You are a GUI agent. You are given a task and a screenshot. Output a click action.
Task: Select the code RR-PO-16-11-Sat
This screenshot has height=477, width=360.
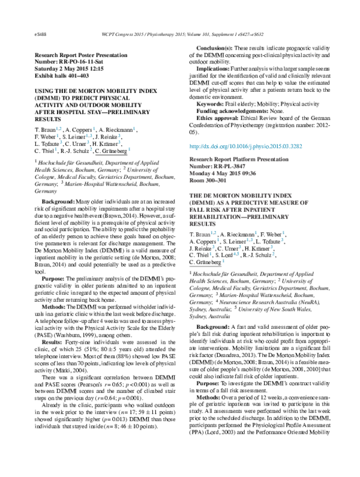click(x=77, y=61)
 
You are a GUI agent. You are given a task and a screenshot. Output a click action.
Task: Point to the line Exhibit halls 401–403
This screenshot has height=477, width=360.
click(x=62, y=76)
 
